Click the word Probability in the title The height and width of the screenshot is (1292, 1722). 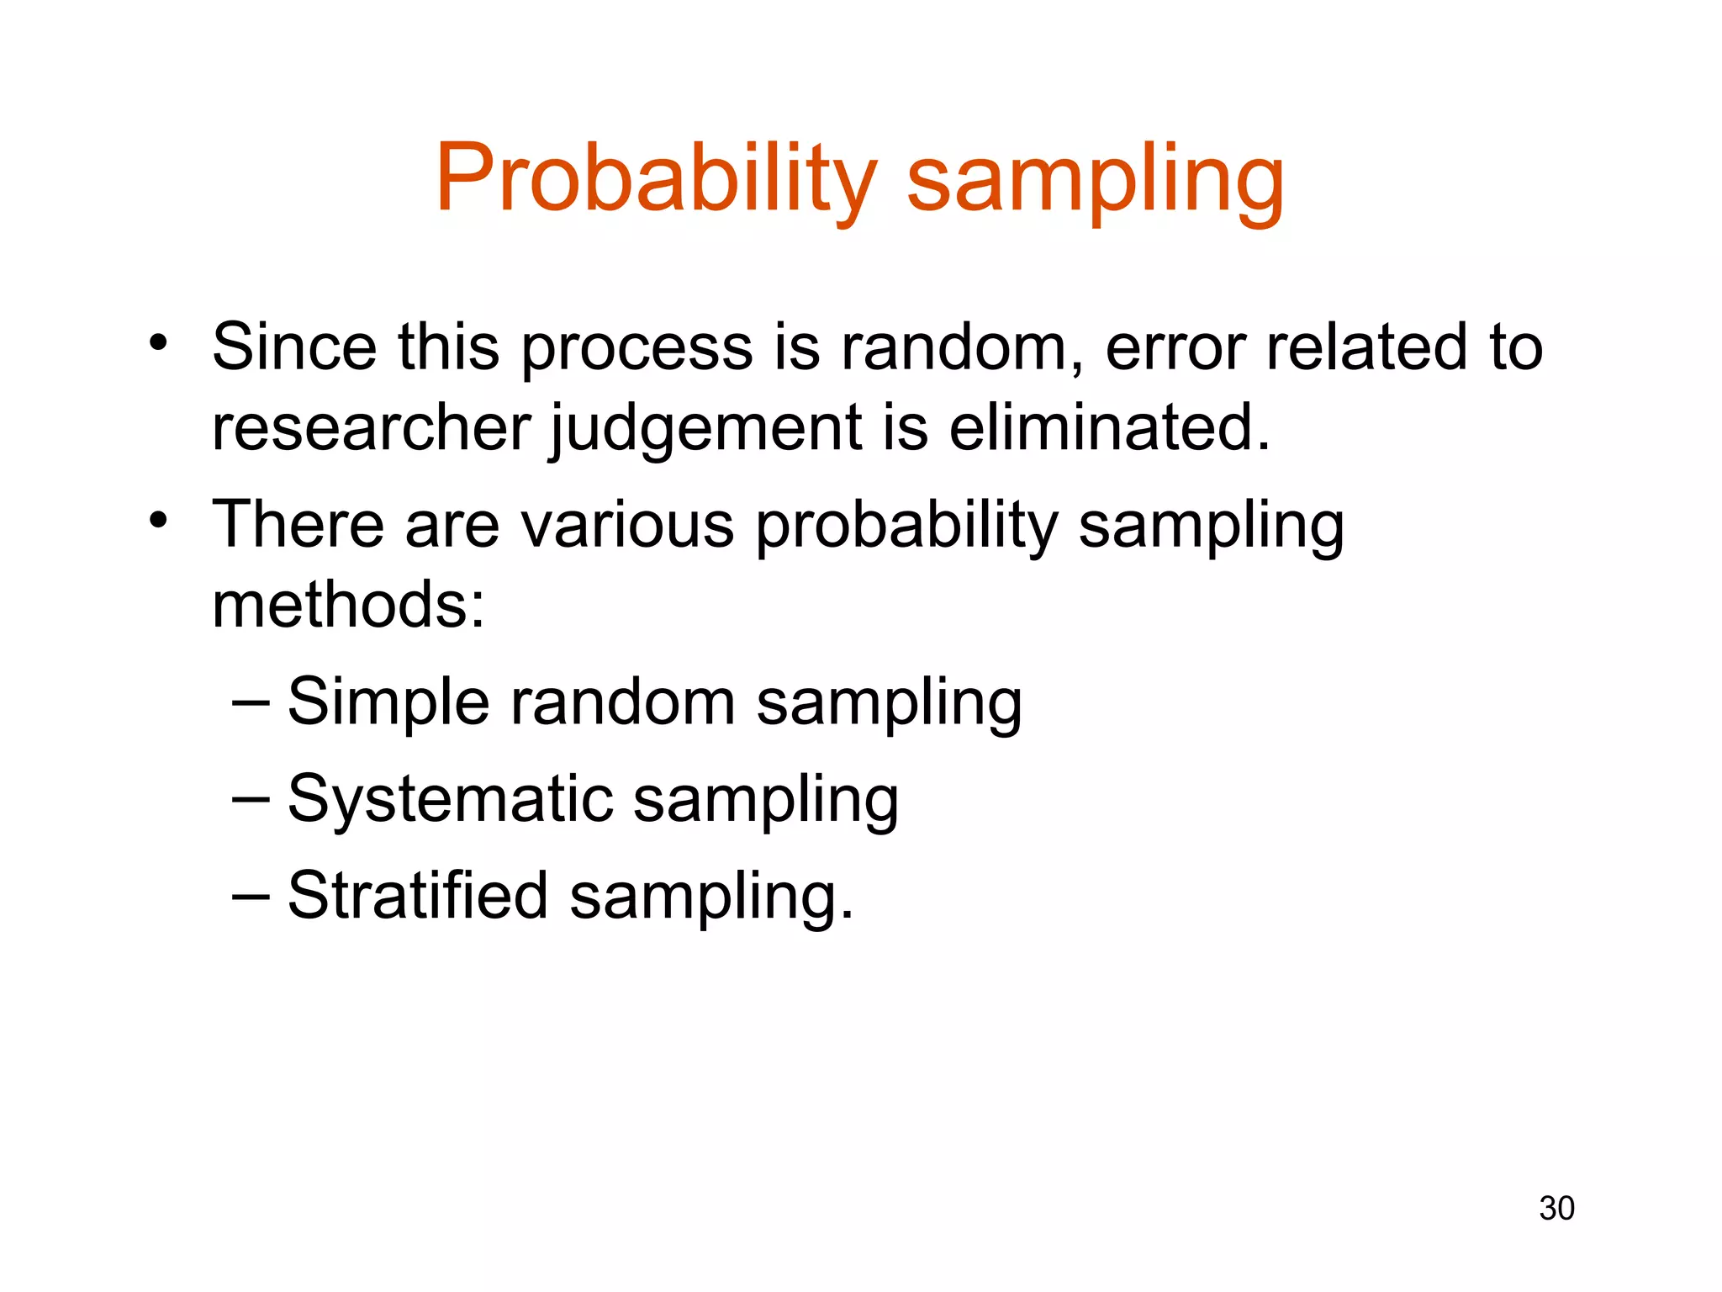(655, 179)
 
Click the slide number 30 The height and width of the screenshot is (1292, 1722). (1556, 1208)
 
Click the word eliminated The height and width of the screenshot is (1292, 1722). (1108, 426)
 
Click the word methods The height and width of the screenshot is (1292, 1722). (347, 604)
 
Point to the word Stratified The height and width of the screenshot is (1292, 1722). (418, 895)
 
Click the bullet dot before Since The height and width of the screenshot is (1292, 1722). (158, 343)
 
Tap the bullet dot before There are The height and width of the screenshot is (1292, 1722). (158, 521)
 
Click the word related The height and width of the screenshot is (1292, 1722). (1367, 347)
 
